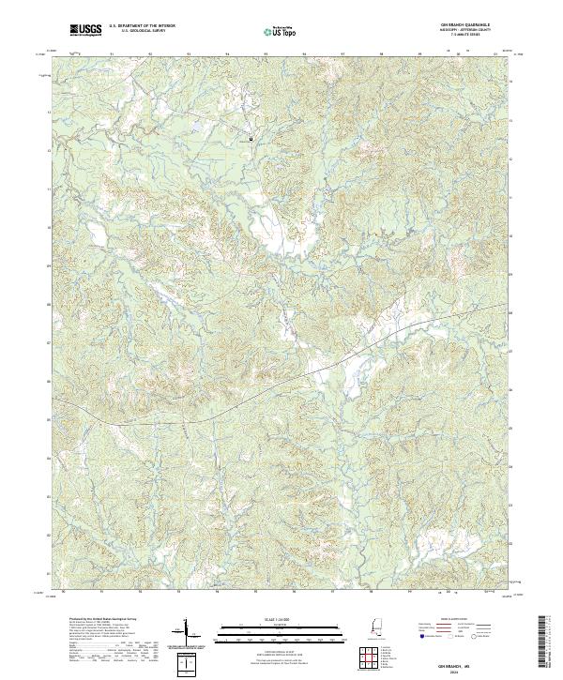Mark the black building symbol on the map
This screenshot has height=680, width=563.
click(251, 139)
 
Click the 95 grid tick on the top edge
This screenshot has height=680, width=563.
click(266, 54)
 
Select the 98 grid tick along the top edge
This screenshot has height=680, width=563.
click(381, 54)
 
